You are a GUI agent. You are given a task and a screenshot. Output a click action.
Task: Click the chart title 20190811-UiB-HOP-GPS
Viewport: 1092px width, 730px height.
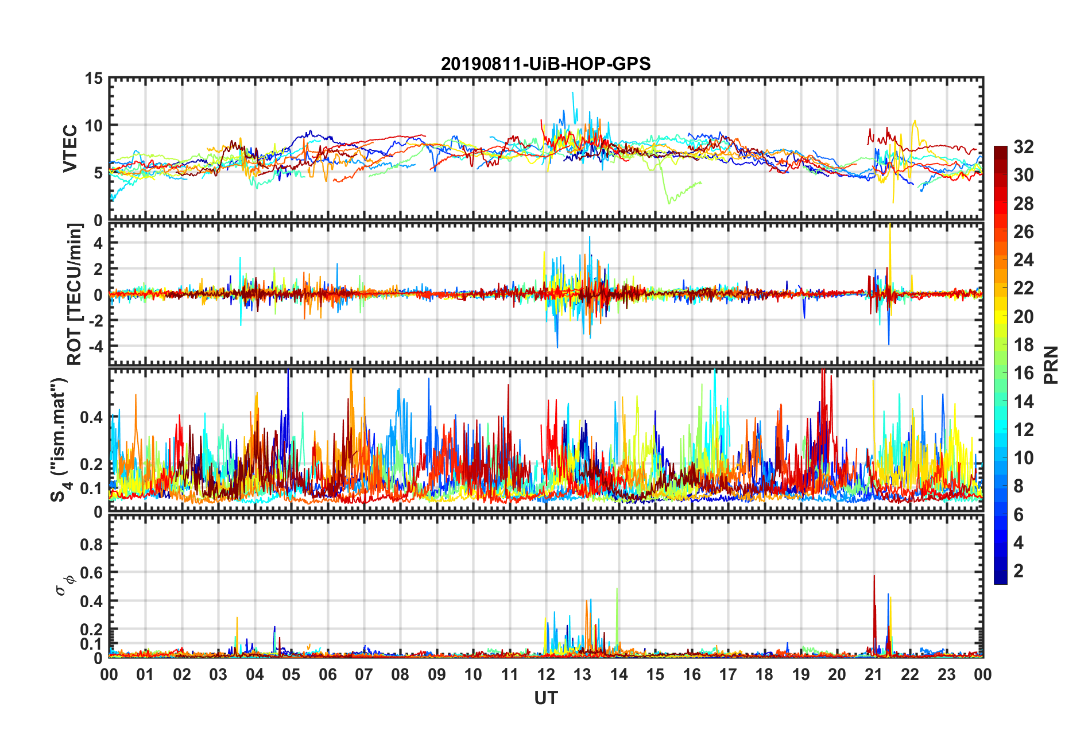pos(545,64)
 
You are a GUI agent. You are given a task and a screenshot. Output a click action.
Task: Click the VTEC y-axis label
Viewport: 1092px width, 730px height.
pos(70,148)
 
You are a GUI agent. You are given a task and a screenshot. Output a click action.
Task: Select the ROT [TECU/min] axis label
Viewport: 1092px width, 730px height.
pos(75,294)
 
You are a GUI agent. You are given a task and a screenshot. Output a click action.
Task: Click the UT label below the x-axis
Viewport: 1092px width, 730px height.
pos(545,698)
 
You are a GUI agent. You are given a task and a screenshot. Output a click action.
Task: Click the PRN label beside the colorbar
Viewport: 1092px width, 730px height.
pos(1051,365)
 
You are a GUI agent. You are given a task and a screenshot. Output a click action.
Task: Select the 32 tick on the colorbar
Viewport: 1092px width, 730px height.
pos(1023,147)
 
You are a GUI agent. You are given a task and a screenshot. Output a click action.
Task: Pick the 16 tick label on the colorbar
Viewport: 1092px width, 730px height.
pos(1023,373)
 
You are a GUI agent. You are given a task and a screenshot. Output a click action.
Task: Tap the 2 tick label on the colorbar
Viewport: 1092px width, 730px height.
pos(1019,570)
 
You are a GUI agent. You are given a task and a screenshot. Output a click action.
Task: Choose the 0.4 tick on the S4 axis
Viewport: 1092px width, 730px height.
pos(91,417)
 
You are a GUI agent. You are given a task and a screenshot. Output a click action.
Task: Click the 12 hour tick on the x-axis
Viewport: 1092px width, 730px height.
pos(545,674)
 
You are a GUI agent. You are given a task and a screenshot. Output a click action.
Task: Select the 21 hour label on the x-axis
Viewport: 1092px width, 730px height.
pos(873,674)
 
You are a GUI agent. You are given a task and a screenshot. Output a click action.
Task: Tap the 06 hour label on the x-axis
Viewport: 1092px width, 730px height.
pos(327,674)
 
